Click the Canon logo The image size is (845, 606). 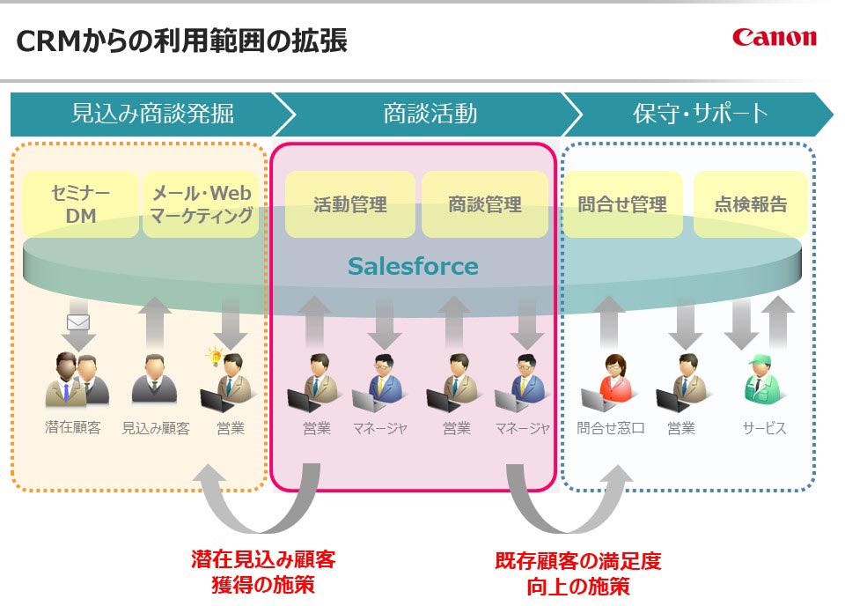[x=774, y=37]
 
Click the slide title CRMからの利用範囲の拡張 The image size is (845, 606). [x=182, y=41]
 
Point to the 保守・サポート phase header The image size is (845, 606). [x=700, y=114]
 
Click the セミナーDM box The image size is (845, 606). [x=80, y=204]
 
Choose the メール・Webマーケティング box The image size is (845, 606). [x=202, y=204]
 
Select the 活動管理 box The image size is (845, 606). [x=350, y=204]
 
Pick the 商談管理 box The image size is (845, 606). [x=485, y=204]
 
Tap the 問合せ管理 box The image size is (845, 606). [x=622, y=204]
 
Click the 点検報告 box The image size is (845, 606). [x=750, y=204]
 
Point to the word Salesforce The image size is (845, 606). [x=413, y=266]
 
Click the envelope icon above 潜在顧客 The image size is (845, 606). [x=79, y=321]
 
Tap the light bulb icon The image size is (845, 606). [x=212, y=356]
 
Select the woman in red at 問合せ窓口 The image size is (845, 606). [x=613, y=381]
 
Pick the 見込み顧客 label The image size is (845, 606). [x=155, y=429]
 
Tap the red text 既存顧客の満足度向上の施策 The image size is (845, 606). [x=577, y=573]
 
